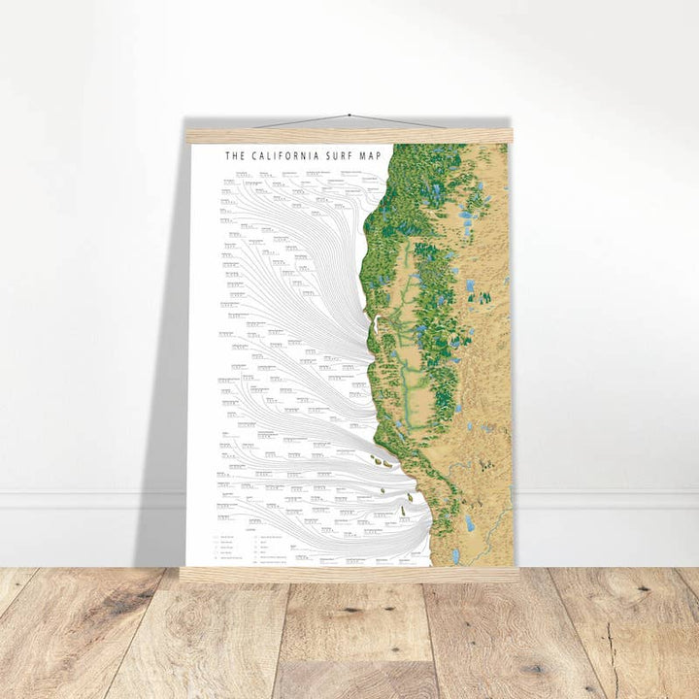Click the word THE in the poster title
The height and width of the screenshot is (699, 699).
point(234,154)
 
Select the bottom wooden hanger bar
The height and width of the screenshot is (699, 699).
point(349,574)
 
